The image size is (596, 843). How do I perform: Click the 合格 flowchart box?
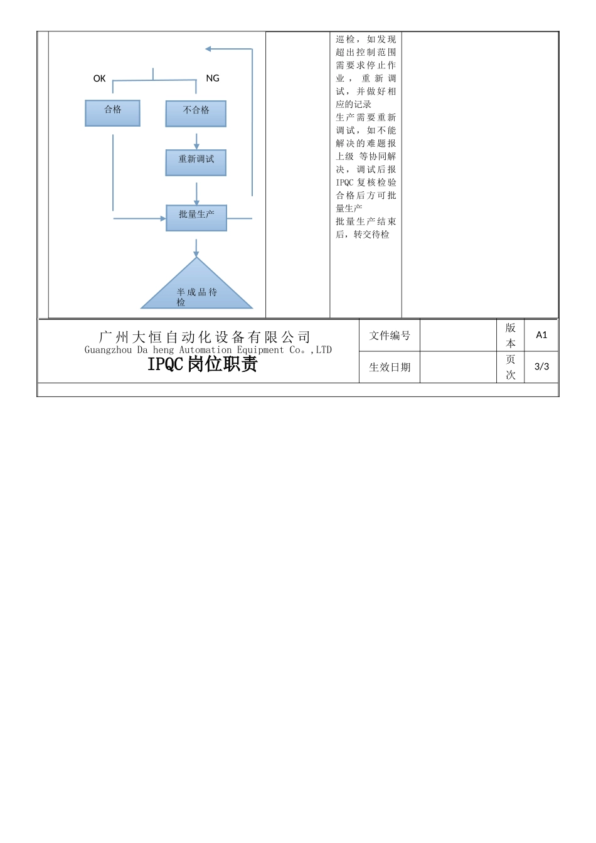112,113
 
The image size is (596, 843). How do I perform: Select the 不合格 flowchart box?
196,114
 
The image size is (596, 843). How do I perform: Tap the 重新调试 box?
196,162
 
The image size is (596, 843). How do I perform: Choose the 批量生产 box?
196,218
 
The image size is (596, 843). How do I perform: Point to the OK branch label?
99,78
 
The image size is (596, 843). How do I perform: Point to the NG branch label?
213,78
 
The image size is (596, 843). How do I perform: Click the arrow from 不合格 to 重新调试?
196,140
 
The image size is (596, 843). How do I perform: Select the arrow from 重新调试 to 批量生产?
196,193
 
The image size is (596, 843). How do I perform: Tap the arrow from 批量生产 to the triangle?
196,248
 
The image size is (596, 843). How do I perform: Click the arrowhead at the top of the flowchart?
208,49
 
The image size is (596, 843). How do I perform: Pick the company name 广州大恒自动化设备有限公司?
205,337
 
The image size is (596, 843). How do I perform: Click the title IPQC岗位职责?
202,364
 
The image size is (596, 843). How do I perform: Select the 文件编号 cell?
390,336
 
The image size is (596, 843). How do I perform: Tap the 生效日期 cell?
390,367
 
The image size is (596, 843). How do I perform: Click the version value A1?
541,335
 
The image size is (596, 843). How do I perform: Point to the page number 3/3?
541,366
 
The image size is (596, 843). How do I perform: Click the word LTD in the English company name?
324,350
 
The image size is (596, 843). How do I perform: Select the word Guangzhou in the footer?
109,350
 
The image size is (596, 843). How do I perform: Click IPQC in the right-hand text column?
344,183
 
